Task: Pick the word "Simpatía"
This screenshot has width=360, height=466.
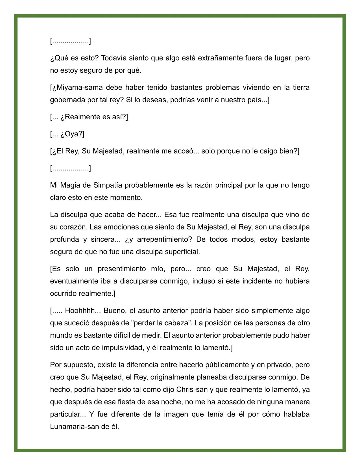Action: click(108, 185)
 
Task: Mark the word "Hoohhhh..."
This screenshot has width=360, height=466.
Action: click(83, 311)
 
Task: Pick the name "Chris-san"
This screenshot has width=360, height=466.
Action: click(192, 390)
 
